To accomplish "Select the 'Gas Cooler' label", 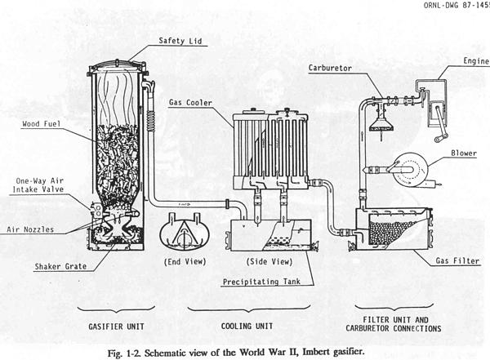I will (x=187, y=103).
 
